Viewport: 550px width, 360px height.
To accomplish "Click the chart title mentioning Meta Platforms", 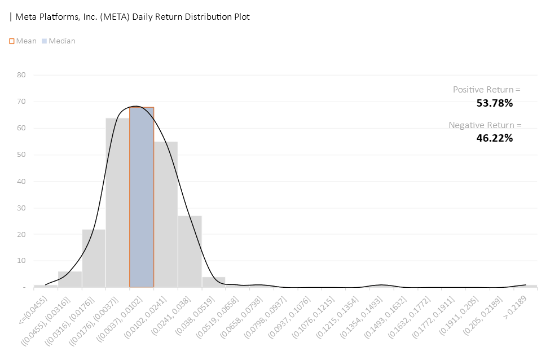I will coord(130,17).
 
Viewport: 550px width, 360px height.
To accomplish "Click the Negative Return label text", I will coord(485,125).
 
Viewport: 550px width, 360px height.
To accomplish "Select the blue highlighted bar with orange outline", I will coord(142,197).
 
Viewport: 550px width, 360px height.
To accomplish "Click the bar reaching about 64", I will coord(117,203).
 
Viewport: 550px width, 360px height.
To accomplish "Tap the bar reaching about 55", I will coord(166,214).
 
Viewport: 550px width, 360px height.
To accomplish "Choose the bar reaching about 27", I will coord(190,251).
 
